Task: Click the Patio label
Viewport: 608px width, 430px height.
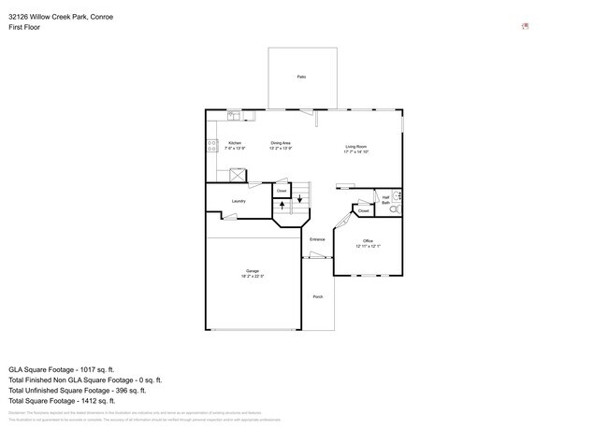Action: (x=301, y=77)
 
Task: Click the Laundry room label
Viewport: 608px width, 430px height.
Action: (x=239, y=200)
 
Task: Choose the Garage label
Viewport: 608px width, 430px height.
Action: (x=253, y=273)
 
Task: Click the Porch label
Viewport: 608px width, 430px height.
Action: (x=317, y=296)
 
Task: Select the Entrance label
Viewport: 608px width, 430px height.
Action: (x=317, y=239)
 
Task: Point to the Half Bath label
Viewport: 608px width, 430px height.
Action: (x=385, y=199)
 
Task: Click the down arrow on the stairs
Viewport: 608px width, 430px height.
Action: (x=299, y=199)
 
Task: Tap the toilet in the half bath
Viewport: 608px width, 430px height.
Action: (x=394, y=210)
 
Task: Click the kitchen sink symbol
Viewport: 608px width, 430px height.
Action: (x=235, y=115)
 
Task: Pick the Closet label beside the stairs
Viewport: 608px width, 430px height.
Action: (x=281, y=191)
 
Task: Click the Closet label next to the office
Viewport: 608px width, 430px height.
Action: (x=364, y=211)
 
